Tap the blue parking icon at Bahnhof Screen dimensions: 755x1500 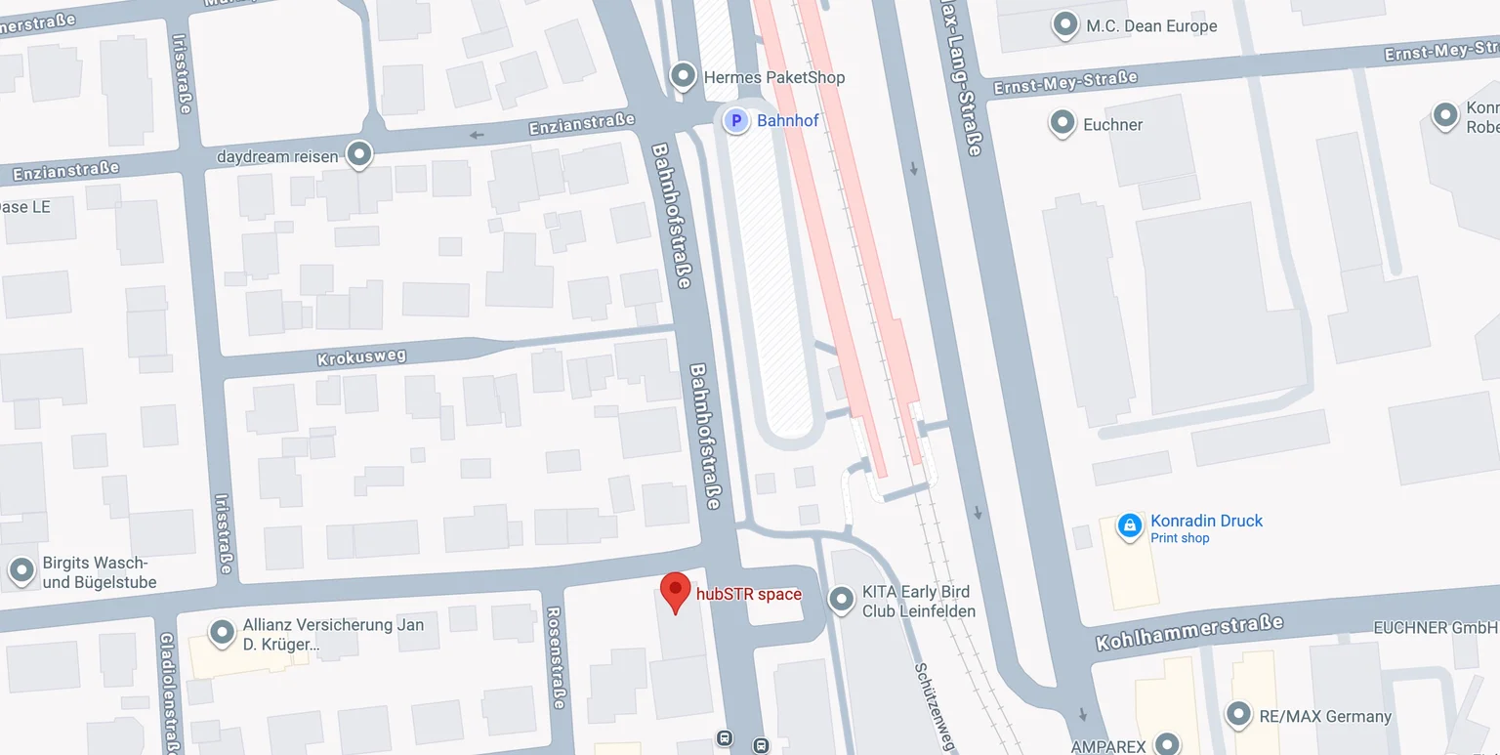click(735, 121)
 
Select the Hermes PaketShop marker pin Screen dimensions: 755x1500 click(683, 76)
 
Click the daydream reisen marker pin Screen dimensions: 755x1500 click(360, 154)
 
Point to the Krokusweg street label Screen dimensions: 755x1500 click(361, 357)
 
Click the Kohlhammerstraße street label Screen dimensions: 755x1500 click(1188, 633)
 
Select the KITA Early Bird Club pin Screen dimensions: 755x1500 click(841, 600)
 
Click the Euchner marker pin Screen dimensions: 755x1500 click(1062, 123)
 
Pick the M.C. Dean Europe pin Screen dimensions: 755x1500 click(1065, 24)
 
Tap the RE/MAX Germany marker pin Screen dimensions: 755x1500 click(1238, 715)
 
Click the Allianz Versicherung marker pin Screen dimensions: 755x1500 click(223, 632)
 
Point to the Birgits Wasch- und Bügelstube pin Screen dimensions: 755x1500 click(21, 570)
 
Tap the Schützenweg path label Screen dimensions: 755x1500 click(934, 707)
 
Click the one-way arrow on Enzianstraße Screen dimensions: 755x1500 click(478, 135)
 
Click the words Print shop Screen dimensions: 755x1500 click(1180, 538)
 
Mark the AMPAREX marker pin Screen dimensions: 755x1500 click(1167, 743)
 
